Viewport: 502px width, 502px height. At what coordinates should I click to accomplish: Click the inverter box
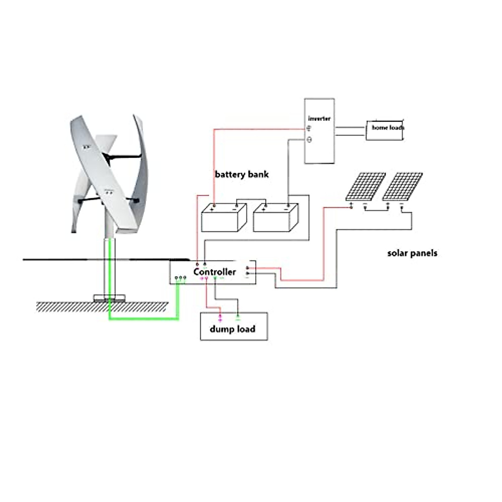point(319,142)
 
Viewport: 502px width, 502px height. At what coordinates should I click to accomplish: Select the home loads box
point(385,130)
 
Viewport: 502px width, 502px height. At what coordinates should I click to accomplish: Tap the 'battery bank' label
point(241,174)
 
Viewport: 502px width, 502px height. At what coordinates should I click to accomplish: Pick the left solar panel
point(365,186)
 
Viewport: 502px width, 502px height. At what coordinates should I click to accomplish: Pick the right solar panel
point(402,186)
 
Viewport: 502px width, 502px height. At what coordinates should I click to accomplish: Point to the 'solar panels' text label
point(412,253)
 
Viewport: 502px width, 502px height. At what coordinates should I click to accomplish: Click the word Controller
point(215,272)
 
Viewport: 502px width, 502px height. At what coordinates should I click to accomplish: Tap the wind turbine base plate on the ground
point(109,298)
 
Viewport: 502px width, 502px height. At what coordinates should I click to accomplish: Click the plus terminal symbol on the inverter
point(309,128)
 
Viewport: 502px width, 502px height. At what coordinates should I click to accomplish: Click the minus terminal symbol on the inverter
point(309,140)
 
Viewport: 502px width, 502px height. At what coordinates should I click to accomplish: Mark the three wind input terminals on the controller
point(180,278)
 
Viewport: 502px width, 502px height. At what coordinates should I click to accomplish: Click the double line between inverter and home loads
point(350,131)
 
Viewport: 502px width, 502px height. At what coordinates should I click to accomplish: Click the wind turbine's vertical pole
point(110,264)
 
